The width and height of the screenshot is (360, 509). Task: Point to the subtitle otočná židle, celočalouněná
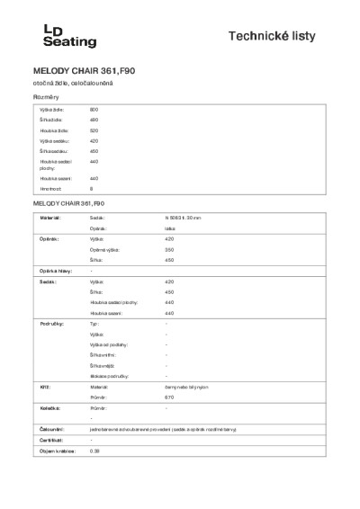click(x=68, y=83)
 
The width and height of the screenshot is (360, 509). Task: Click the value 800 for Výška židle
click(x=93, y=108)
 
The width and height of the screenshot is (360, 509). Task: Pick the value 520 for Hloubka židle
click(x=93, y=130)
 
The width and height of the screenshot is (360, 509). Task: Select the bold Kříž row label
click(x=41, y=385)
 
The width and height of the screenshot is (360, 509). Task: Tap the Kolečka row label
click(x=47, y=407)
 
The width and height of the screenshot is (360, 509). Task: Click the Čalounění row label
click(x=49, y=429)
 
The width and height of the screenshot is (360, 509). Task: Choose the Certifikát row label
click(x=49, y=440)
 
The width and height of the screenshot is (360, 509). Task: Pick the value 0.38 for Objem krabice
click(x=94, y=451)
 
